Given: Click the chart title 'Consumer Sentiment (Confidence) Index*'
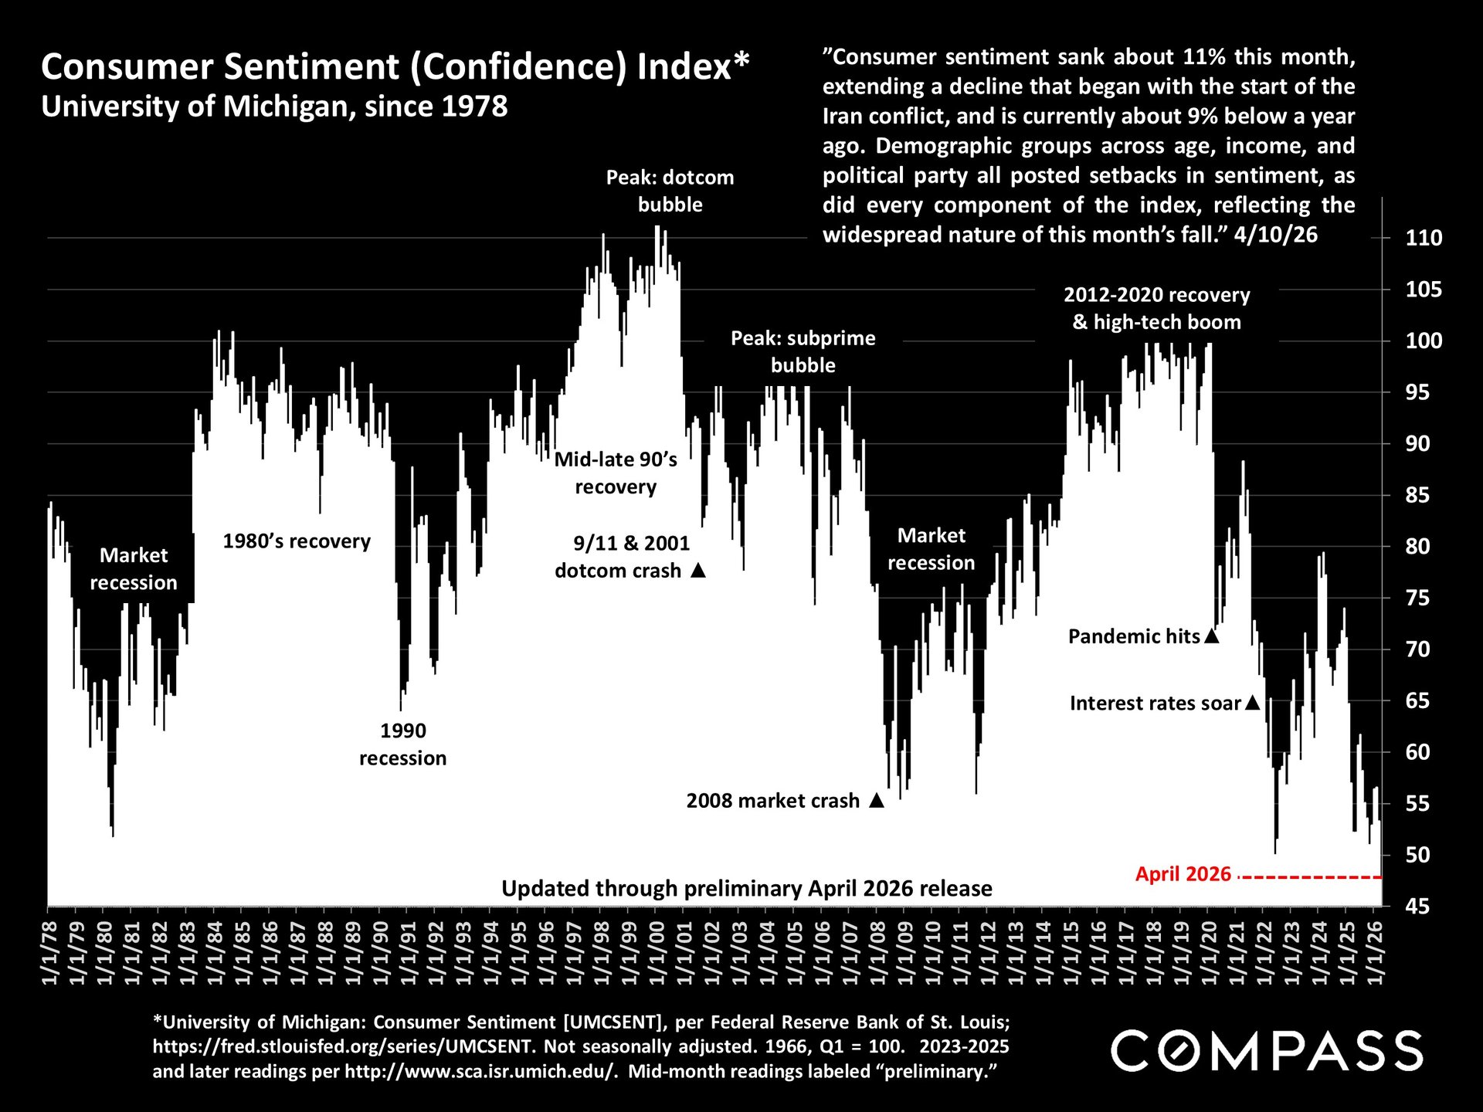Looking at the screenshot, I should click(x=395, y=66).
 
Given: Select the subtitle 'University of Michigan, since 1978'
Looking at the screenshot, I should click(x=274, y=107).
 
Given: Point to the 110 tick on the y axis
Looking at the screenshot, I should click(x=1424, y=238).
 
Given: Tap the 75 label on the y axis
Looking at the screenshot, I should click(x=1424, y=598).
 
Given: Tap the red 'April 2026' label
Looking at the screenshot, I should click(x=1183, y=874).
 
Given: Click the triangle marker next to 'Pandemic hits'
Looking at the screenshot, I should click(x=1211, y=636).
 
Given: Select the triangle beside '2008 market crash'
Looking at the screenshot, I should click(x=876, y=801).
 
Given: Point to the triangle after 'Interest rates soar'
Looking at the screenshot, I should click(x=1253, y=703).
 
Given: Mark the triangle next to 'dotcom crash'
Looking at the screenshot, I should click(x=698, y=571).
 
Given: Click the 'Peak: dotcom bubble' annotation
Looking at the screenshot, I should click(x=670, y=191).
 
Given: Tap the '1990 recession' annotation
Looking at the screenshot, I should click(x=402, y=744).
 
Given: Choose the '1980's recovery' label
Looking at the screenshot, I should click(x=297, y=541).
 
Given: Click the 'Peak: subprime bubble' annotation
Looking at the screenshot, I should click(x=803, y=351).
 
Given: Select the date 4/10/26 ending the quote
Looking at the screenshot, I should click(x=1275, y=235).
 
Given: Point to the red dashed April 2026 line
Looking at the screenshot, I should click(x=1313, y=877).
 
